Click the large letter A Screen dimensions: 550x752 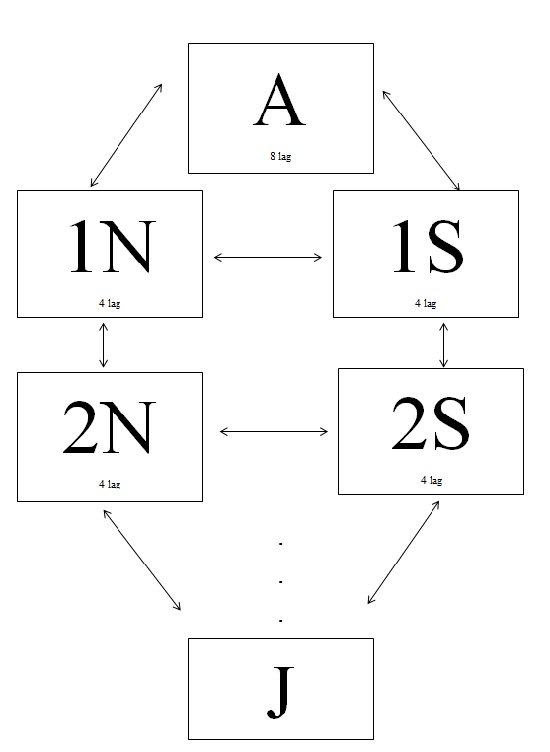coord(279,101)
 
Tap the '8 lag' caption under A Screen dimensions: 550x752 coord(280,156)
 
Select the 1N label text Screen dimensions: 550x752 coord(113,247)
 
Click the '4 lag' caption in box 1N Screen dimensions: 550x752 coord(110,303)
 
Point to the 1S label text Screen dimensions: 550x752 coord(429,247)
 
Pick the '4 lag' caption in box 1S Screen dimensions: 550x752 coord(426,303)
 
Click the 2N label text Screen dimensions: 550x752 coord(110,427)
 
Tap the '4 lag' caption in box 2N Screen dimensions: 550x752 coord(110,484)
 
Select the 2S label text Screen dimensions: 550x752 coord(431,423)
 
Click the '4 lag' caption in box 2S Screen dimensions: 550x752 coord(432,480)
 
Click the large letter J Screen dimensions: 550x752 coord(280,693)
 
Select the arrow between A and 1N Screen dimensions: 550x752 coord(126,135)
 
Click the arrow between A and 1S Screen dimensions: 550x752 coord(421,140)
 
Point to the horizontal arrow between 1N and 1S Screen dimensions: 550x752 coord(268,257)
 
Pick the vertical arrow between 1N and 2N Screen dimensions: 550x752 coord(103,344)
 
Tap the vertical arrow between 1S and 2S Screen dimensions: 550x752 coord(444,344)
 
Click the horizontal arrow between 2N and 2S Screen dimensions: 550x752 coord(274,432)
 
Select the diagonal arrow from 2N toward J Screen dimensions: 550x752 coord(141,561)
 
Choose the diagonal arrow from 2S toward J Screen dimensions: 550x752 coord(404,553)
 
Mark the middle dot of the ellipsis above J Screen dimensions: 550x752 coord(280,582)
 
